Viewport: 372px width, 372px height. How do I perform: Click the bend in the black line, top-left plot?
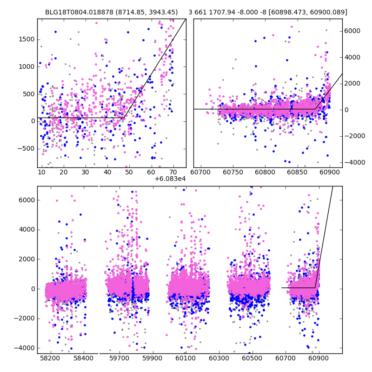click(x=124, y=118)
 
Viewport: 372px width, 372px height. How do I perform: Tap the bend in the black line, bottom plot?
click(x=316, y=288)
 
